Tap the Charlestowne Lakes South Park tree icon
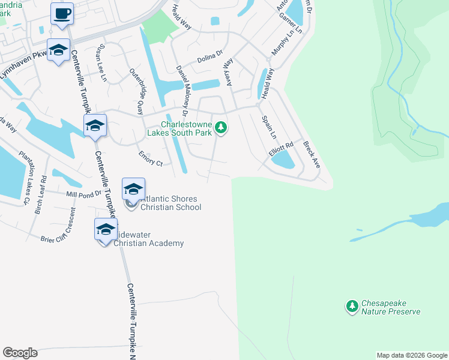[221, 127]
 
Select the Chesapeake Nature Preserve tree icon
[352, 307]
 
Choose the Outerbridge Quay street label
[137, 91]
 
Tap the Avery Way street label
[228, 73]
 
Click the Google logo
[20, 353]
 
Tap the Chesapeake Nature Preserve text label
[390, 308]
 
